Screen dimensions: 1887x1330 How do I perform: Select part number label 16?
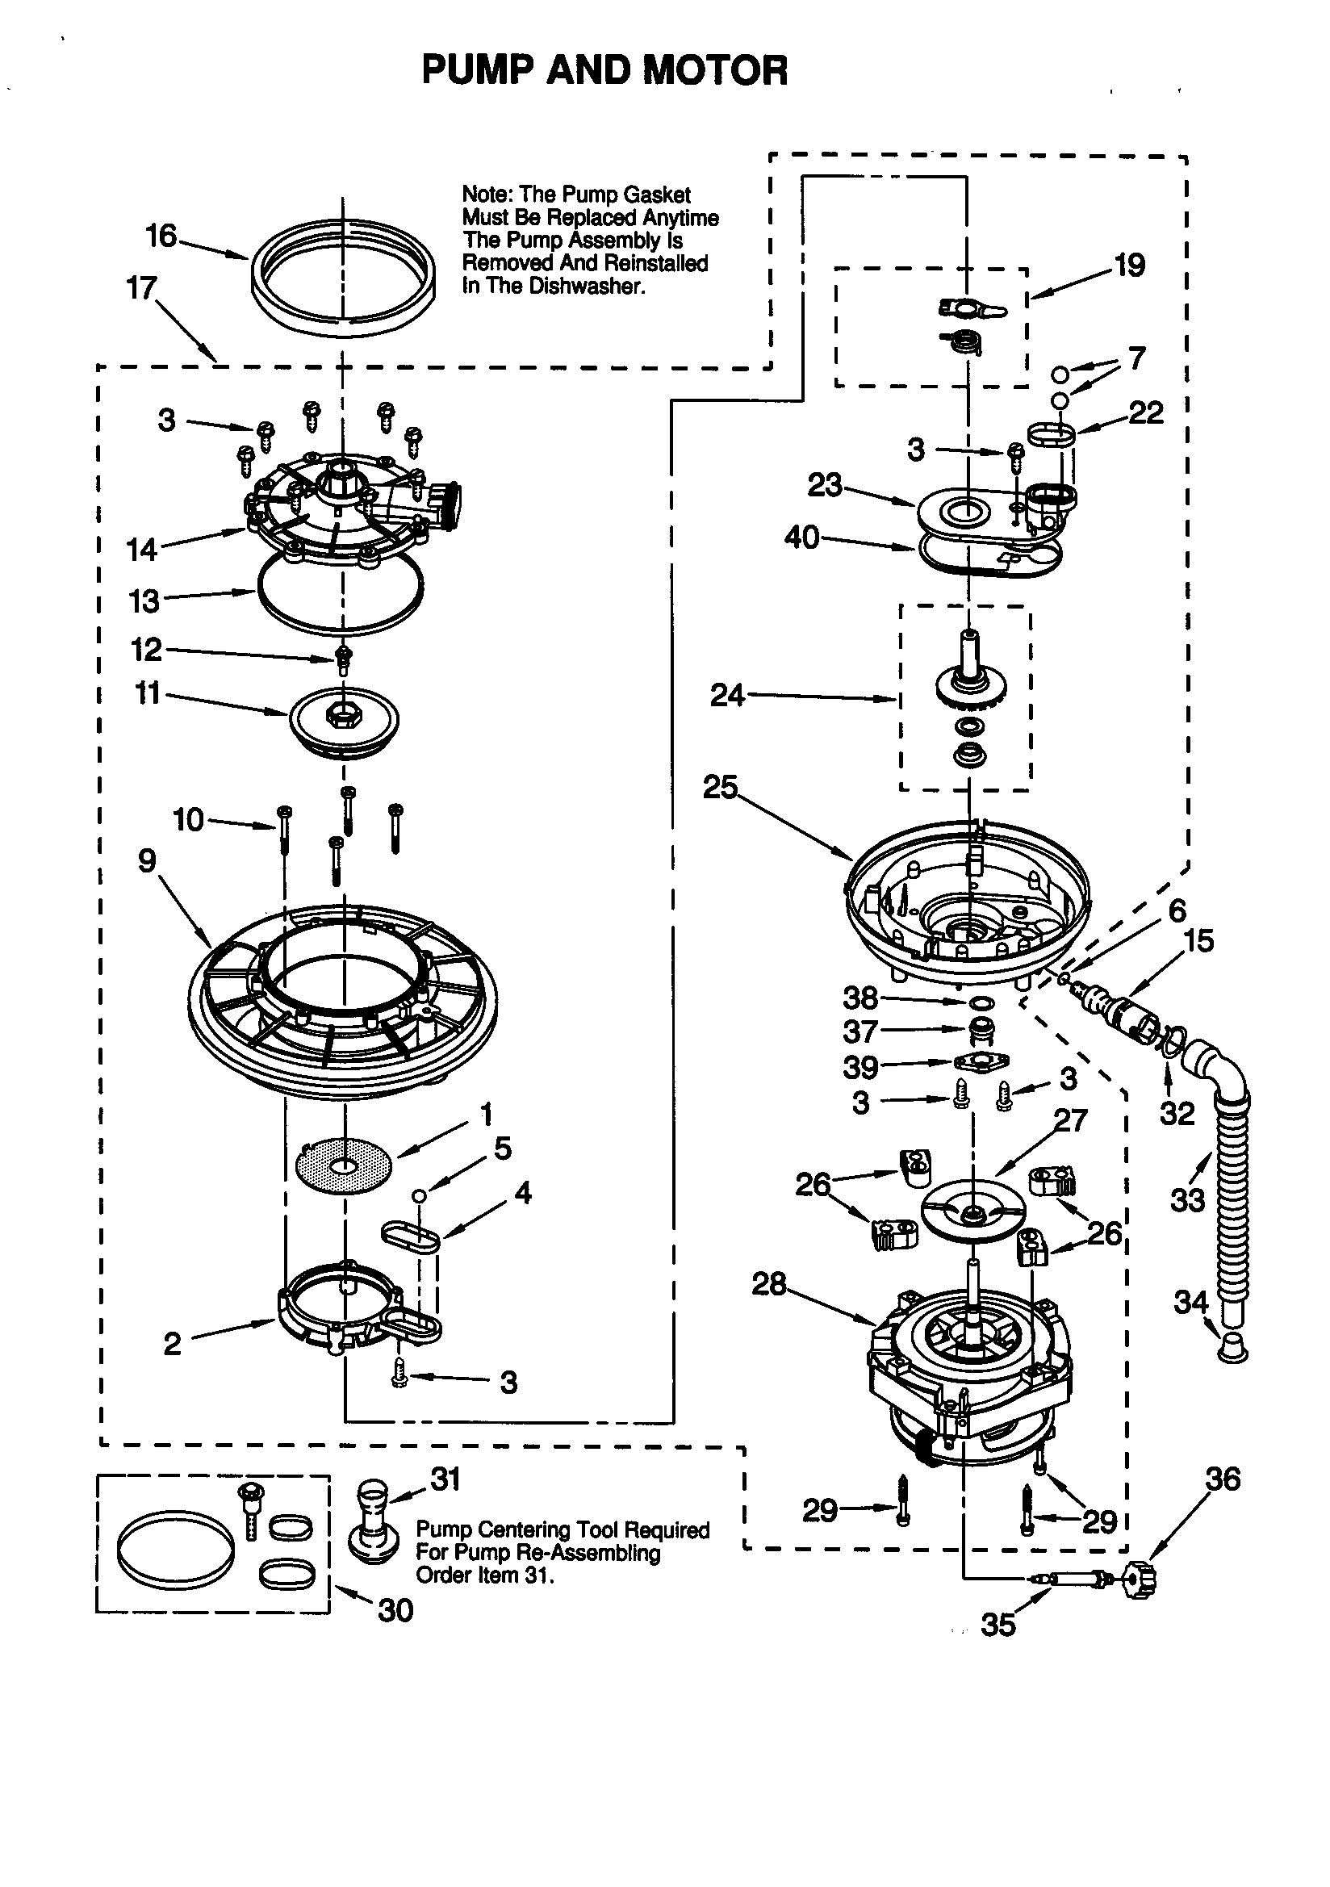coord(161,236)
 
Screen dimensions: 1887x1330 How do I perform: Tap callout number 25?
coord(719,787)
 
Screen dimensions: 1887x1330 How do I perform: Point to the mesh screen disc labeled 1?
coord(343,1165)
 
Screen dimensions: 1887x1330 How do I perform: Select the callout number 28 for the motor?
coord(768,1283)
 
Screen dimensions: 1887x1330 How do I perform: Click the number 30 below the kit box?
coord(395,1610)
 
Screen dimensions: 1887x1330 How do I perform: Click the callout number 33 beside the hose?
coord(1187,1201)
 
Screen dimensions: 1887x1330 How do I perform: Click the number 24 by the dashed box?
coord(727,695)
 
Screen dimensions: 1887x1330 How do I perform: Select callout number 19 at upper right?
coord(1128,265)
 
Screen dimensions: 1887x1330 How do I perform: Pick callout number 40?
coord(801,538)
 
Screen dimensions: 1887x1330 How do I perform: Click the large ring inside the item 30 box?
coord(175,1546)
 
